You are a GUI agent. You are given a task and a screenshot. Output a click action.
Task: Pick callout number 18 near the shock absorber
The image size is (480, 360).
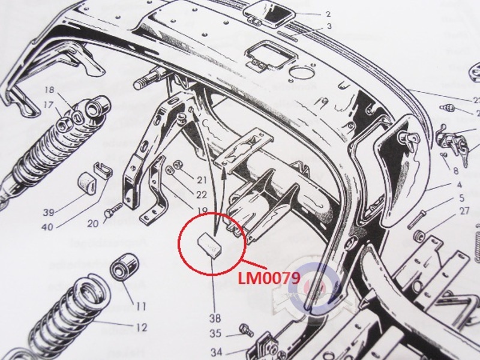click(49, 91)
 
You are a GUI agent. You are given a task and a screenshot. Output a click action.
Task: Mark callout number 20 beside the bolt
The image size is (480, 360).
click(92, 224)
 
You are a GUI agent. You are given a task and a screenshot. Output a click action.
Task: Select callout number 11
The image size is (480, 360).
click(140, 306)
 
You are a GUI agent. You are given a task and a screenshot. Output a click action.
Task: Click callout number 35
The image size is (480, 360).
click(215, 334)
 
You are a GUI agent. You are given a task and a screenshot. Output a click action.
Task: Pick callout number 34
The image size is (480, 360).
click(215, 352)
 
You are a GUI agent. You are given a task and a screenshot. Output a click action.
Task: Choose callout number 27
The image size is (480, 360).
click(464, 211)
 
